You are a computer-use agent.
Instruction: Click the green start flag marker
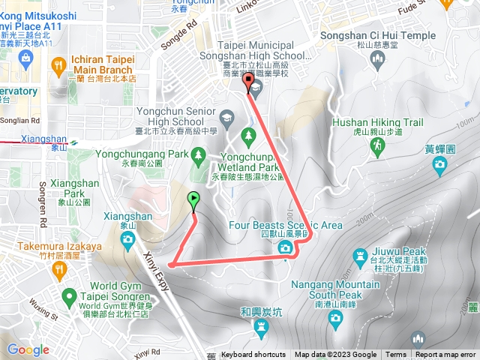pyautogui.click(x=194, y=199)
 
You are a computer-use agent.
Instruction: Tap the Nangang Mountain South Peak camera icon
pyautogui.click(x=335, y=320)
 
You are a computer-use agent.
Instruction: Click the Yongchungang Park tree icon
pyautogui.click(x=198, y=155)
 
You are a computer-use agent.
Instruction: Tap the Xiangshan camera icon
pyautogui.click(x=127, y=239)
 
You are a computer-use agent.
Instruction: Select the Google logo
pyautogui.click(x=28, y=349)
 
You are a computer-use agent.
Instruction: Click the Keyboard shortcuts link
pyautogui.click(x=253, y=355)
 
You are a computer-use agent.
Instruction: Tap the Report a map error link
pyautogui.click(x=445, y=355)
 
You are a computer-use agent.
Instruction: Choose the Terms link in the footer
pyautogui.click(x=396, y=355)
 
